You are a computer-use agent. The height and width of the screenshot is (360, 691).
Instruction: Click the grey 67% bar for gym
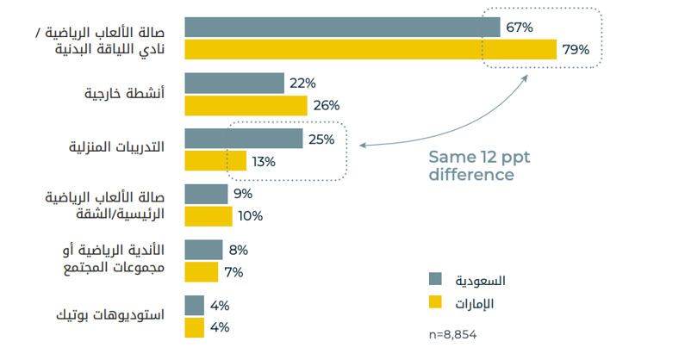tap(342, 28)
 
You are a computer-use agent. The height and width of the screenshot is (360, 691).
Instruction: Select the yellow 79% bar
tap(370, 50)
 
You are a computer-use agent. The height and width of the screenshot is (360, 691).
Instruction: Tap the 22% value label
tap(303, 84)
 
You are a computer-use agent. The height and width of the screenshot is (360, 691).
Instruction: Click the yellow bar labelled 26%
tap(246, 106)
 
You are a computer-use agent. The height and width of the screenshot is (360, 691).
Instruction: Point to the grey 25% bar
tap(244, 140)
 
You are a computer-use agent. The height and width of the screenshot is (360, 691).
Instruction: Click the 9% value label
tap(242, 195)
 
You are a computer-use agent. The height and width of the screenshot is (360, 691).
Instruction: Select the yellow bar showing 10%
tap(209, 216)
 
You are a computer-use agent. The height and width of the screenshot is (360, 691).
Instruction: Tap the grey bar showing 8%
tap(203, 251)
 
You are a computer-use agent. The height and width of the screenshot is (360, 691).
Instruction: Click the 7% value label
tap(233, 272)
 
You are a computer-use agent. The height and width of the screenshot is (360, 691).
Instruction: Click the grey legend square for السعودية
tap(435, 279)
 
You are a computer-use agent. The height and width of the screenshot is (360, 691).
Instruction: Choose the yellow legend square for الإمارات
tap(435, 301)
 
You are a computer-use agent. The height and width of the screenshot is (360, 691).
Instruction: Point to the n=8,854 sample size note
tap(452, 333)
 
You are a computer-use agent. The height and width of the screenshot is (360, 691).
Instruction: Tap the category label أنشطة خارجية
tap(125, 93)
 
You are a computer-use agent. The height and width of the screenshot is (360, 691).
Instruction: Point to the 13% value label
tap(264, 161)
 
